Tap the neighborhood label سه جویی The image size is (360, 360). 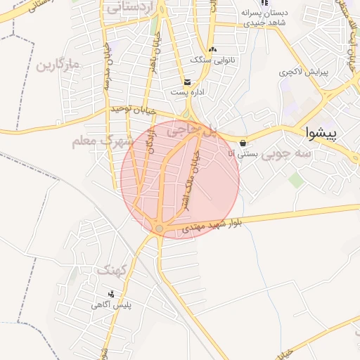(x=286, y=153)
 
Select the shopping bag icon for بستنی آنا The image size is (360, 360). (x=243, y=143)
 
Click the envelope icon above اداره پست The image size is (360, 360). (x=186, y=82)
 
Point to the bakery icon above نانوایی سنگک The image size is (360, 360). (x=213, y=49)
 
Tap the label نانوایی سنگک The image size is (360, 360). (x=212, y=60)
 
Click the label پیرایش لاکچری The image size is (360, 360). (x=302, y=72)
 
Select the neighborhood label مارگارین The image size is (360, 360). (x=56, y=67)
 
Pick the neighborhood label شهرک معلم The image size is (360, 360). (x=103, y=141)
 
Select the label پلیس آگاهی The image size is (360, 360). (x=111, y=305)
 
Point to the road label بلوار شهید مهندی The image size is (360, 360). (x=212, y=226)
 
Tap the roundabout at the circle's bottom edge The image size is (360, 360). (x=160, y=229)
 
